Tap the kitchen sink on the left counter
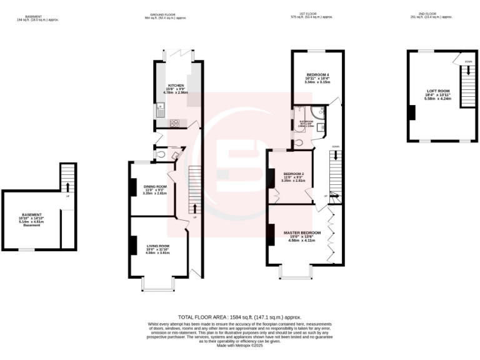coord(161,113)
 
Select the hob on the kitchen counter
coord(174,122)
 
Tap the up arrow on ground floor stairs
coord(195,208)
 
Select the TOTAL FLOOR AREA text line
coord(239,317)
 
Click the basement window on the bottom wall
coord(26,249)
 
